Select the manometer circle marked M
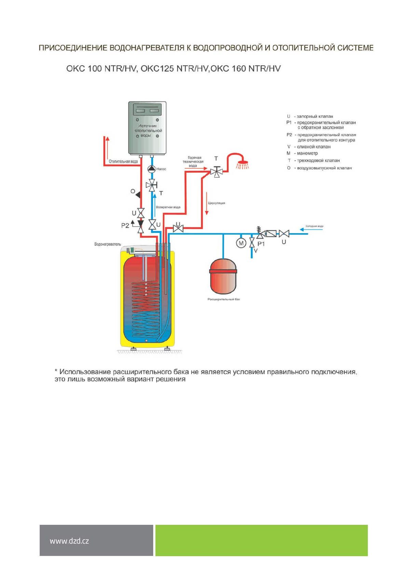(241, 243)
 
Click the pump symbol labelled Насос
(151, 169)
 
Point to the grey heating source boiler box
(147, 128)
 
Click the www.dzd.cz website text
(69, 541)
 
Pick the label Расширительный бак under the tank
(223, 299)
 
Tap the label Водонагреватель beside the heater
(108, 244)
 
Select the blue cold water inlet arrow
(311, 229)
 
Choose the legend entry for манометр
(307, 153)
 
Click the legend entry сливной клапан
(313, 147)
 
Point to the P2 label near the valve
(125, 226)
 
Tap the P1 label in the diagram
(261, 244)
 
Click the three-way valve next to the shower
(216, 171)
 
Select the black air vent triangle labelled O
(138, 195)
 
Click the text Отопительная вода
(123, 162)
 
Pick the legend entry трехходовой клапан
(318, 160)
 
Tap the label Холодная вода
(314, 226)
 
